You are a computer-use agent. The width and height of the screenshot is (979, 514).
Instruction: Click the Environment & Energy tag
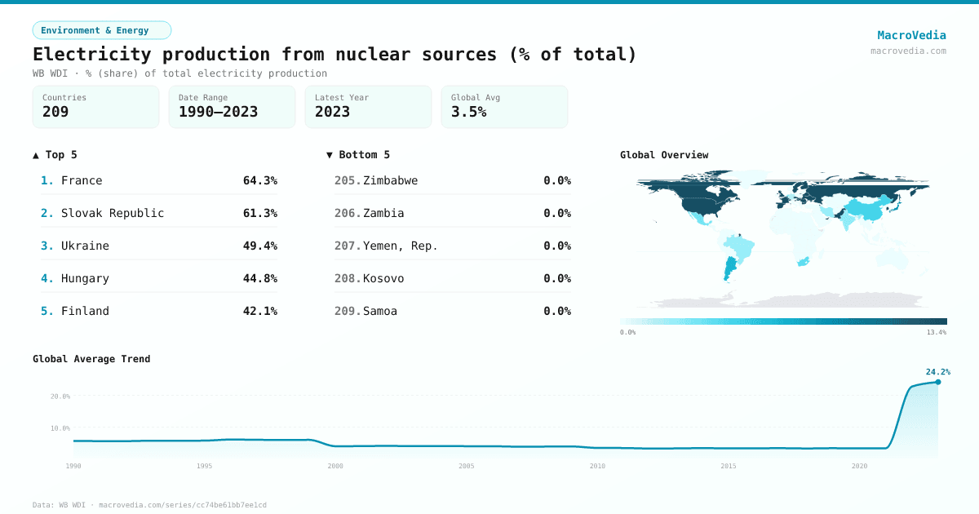point(102,30)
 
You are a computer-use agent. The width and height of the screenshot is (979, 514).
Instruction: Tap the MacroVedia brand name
point(911,35)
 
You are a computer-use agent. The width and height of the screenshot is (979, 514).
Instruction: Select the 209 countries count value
point(55,112)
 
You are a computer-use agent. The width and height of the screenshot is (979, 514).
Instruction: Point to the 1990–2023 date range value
point(218,112)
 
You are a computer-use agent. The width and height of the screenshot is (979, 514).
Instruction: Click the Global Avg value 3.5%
point(468,112)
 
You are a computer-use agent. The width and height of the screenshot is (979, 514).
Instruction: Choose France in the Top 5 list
point(82,180)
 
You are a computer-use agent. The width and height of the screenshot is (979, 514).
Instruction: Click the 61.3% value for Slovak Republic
point(259,213)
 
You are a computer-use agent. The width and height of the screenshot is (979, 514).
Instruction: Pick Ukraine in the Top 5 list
point(85,246)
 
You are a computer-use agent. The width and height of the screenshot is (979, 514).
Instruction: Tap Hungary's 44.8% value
point(259,278)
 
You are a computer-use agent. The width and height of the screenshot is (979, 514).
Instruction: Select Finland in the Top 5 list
point(85,311)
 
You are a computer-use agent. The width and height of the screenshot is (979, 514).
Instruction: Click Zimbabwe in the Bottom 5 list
point(390,180)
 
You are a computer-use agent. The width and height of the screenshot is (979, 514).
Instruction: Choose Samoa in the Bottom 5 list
point(380,311)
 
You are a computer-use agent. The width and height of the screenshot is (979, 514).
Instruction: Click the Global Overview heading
point(664,155)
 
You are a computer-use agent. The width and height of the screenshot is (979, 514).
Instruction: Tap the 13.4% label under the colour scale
point(936,332)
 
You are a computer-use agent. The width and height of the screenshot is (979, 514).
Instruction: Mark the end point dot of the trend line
point(937,382)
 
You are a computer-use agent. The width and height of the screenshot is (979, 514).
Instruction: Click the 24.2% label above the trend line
point(937,372)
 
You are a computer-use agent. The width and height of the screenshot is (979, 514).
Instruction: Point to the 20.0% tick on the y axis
point(60,397)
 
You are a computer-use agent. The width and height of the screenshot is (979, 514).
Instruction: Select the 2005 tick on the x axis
point(467,466)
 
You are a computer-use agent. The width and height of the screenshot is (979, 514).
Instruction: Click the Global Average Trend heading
point(91,359)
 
